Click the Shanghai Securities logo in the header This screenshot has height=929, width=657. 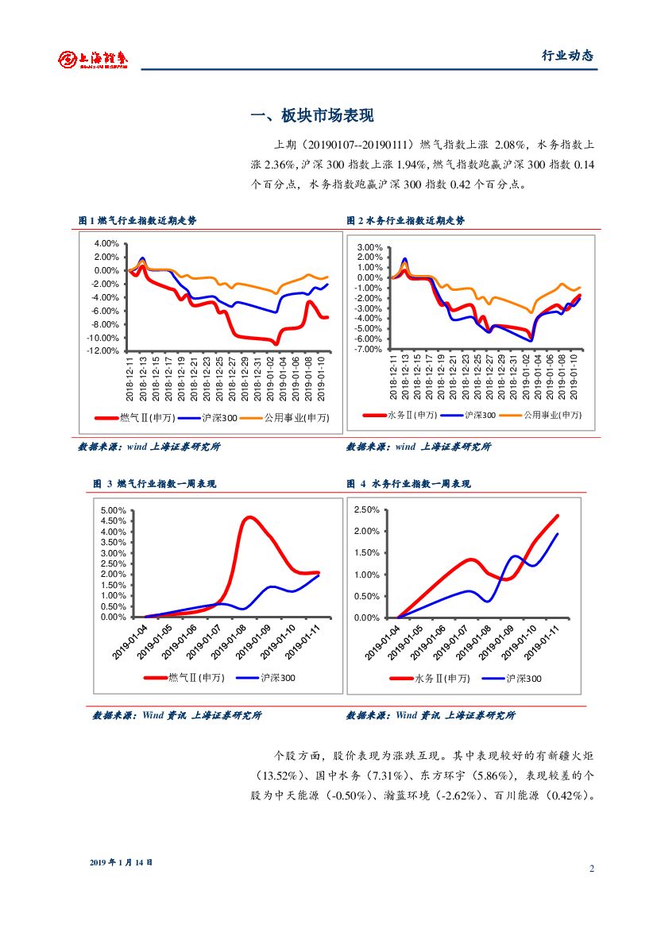point(93,58)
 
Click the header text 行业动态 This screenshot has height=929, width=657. point(567,56)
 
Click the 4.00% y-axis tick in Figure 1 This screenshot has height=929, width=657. point(106,243)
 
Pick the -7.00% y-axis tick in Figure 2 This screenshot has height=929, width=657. point(369,349)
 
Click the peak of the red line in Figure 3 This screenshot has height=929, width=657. point(249,517)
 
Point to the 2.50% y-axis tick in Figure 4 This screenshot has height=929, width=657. point(366,509)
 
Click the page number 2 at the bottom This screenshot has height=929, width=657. point(592,868)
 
